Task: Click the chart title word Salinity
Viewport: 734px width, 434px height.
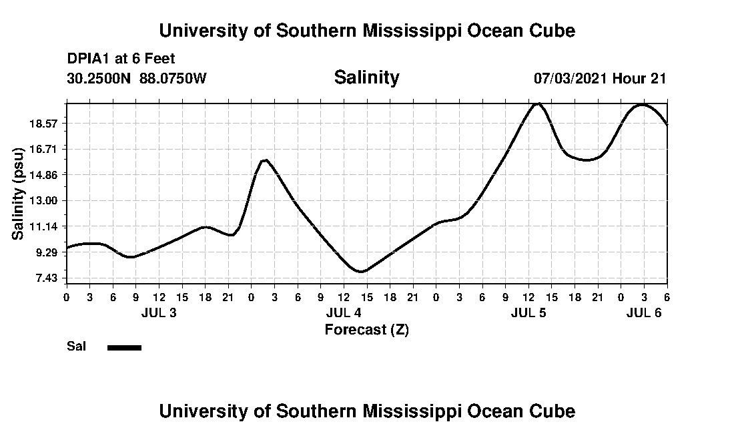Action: point(366,77)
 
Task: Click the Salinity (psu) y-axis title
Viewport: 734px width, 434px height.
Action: point(18,192)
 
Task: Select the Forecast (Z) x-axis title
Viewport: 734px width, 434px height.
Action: point(366,330)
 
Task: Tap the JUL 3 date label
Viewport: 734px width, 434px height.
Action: point(159,313)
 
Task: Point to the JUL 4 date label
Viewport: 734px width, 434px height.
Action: point(344,313)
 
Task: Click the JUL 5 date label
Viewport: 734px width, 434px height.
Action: point(528,313)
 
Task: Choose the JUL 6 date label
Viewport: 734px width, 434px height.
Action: point(644,313)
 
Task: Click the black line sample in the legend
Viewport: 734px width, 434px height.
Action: point(124,347)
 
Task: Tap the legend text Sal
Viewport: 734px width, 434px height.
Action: point(75,347)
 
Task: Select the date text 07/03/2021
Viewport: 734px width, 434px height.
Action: point(571,78)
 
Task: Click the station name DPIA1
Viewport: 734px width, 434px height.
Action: point(89,59)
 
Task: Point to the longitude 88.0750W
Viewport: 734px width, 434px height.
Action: point(173,78)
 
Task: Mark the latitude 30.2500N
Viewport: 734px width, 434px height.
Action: point(99,78)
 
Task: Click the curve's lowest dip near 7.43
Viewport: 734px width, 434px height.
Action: point(360,272)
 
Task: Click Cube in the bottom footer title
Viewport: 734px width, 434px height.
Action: point(553,411)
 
